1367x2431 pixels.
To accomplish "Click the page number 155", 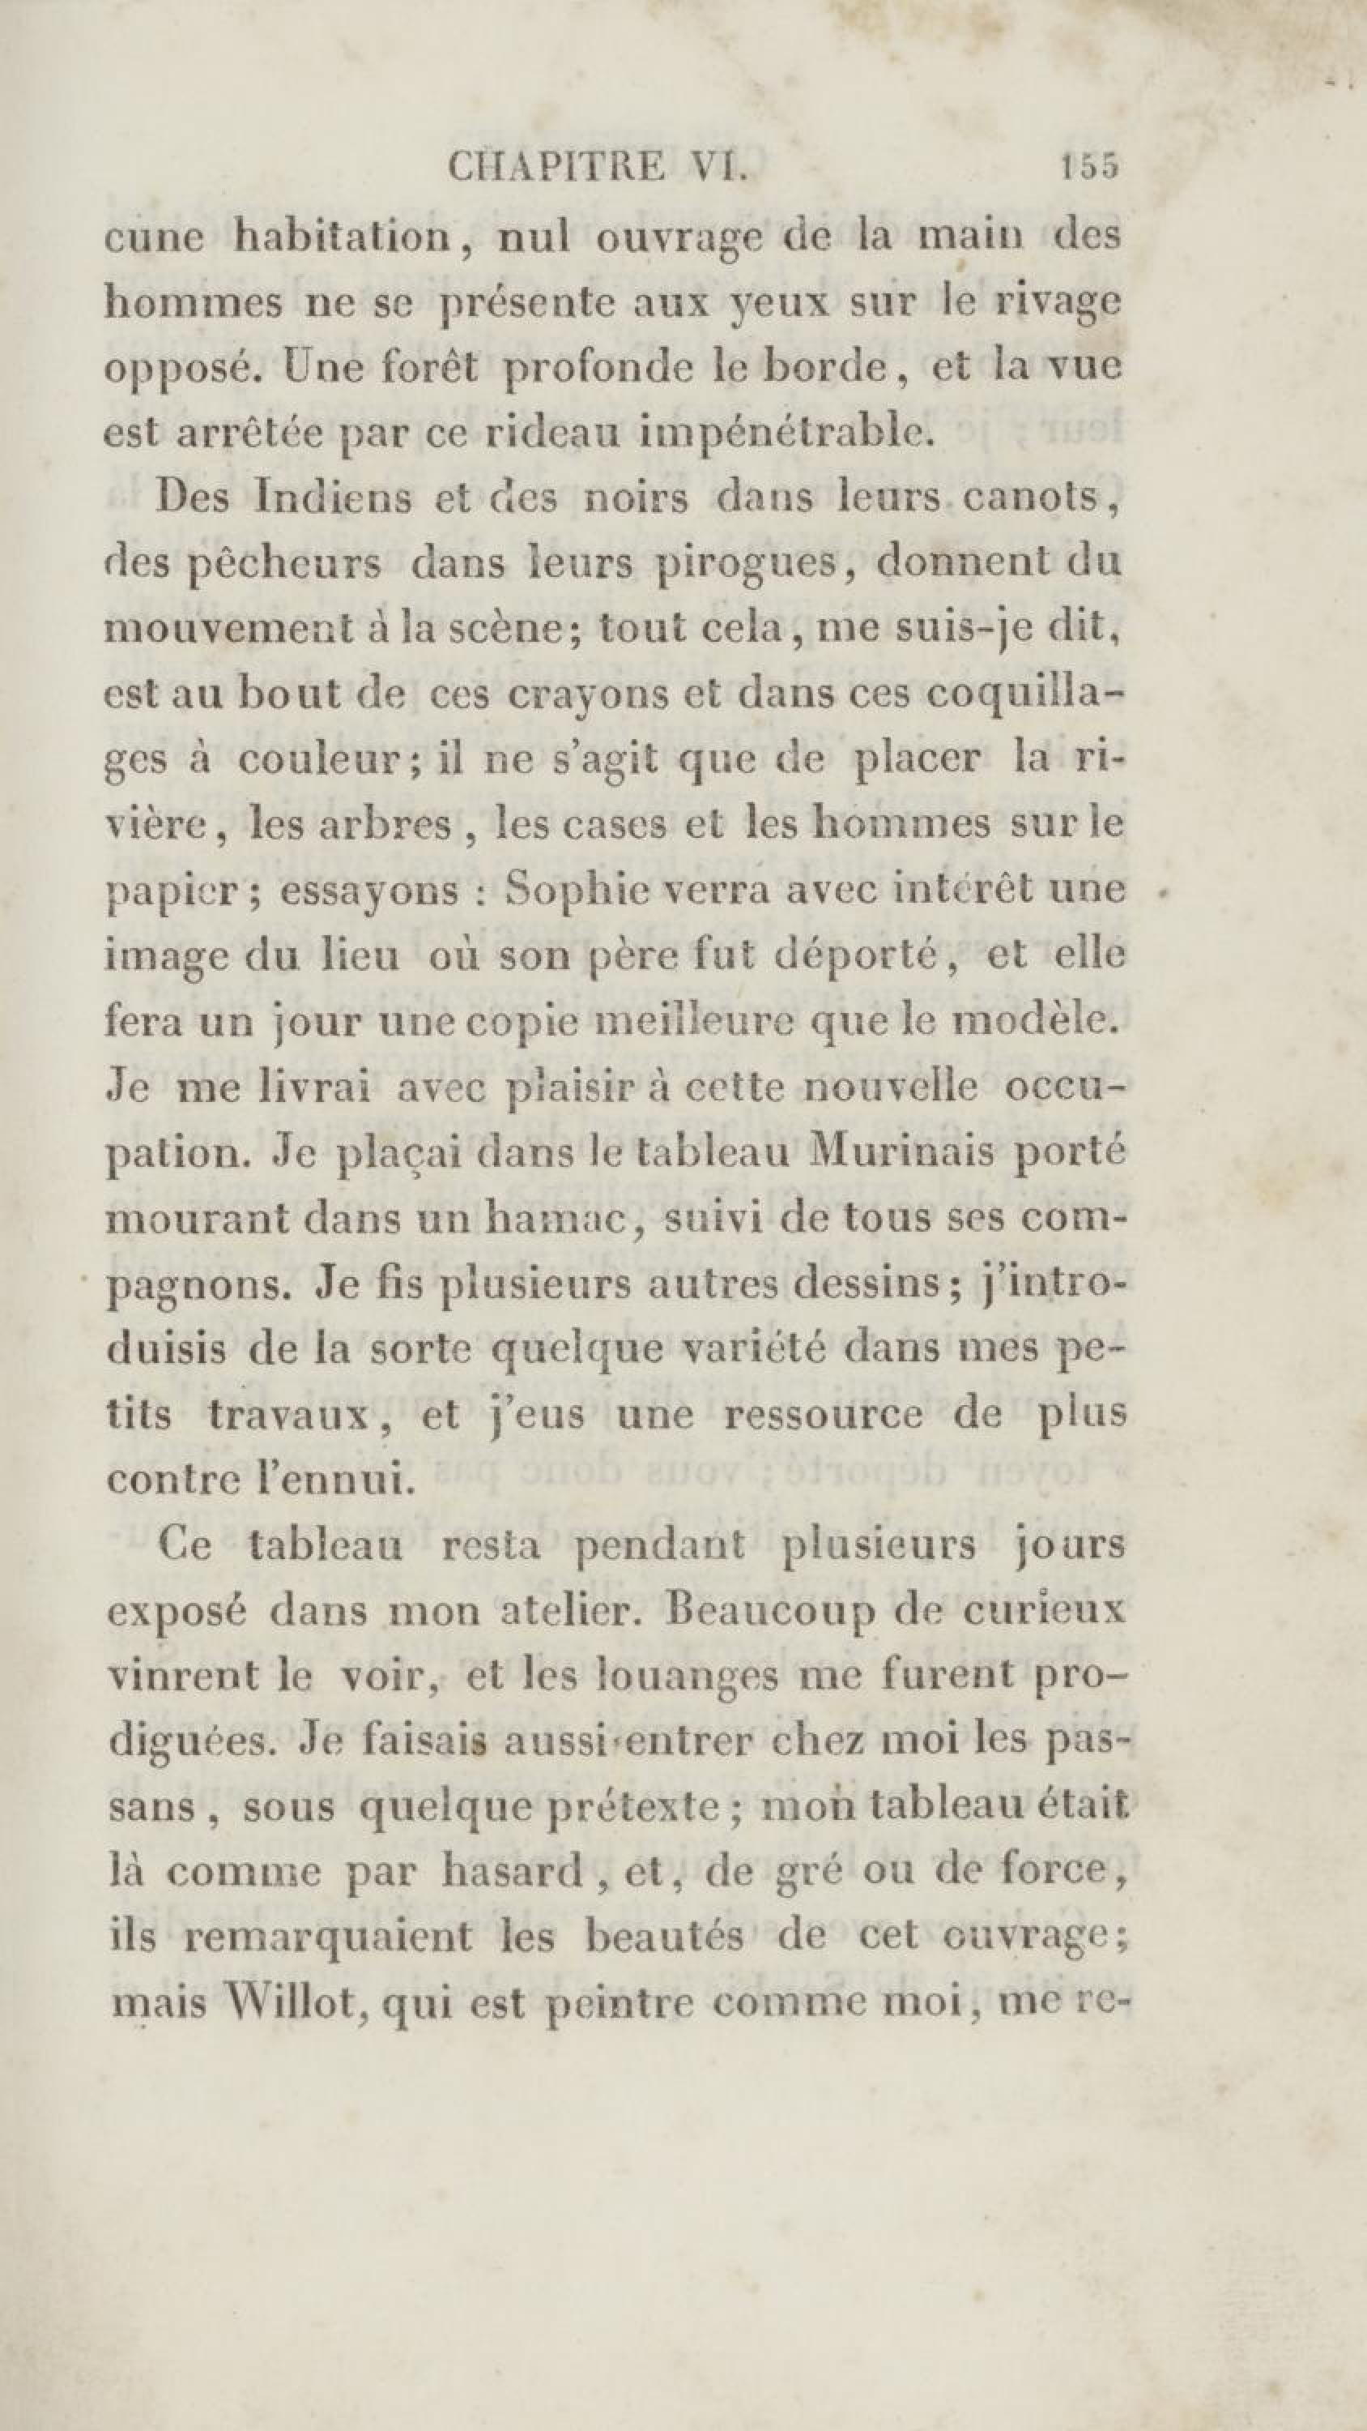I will coord(1088,167).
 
